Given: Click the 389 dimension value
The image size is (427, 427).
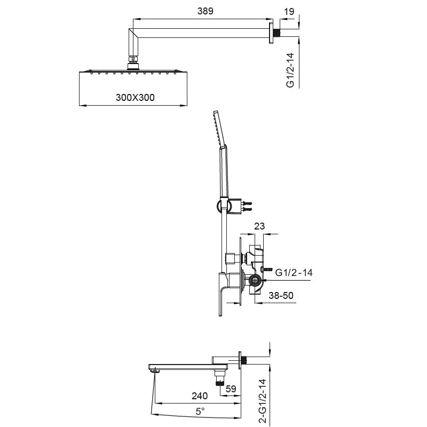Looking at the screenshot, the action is pos(205,11).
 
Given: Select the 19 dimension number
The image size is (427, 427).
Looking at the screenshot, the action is pos(289,12).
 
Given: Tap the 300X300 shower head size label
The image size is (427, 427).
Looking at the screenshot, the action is pos(135,98).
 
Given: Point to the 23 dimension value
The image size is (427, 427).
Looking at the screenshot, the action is pos(259,226).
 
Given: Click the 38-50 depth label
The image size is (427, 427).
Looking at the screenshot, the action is pos(281,295).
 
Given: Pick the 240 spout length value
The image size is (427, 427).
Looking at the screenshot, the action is pos(199,396).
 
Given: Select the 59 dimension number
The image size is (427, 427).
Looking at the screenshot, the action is pos(231,389).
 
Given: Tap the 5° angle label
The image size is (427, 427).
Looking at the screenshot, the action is pos(200,411).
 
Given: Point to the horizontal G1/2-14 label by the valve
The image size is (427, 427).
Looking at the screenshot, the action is pos(294,272).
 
